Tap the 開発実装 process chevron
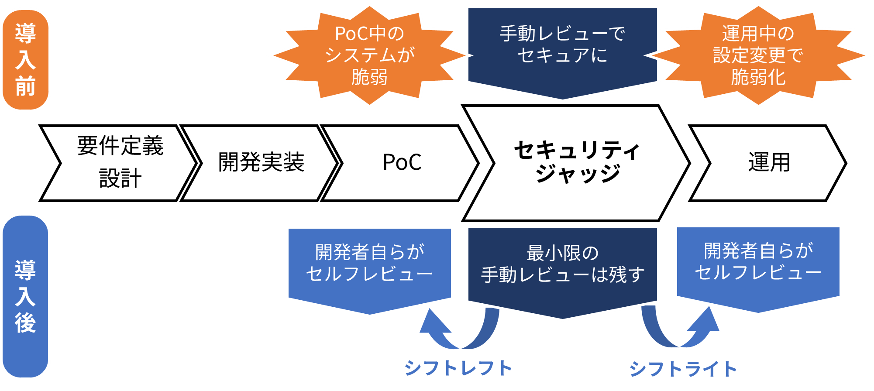click(x=261, y=163)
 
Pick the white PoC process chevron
click(x=402, y=163)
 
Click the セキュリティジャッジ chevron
click(x=576, y=163)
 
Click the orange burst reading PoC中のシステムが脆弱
click(x=369, y=55)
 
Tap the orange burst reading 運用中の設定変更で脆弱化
click(x=759, y=55)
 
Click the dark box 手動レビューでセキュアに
click(x=562, y=48)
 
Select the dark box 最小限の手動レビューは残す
click(x=562, y=266)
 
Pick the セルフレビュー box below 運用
click(x=758, y=264)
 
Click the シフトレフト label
click(x=458, y=368)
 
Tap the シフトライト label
click(x=683, y=369)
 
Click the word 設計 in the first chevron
click(x=120, y=178)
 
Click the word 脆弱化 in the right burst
click(x=759, y=78)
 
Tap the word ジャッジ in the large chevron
click(x=578, y=173)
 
